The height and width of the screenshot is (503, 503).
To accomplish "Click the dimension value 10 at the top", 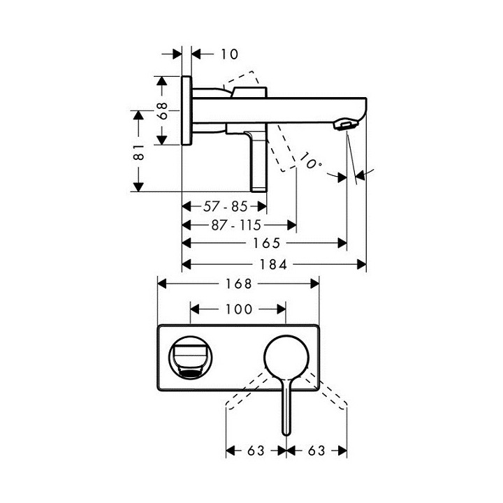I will (x=228, y=54).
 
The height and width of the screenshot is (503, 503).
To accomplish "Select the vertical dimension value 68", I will (x=161, y=110).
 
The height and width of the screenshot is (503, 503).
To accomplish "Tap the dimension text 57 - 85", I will (x=225, y=207).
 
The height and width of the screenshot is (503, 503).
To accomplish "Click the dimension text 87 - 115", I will (x=235, y=225).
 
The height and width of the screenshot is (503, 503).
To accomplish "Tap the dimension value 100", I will (x=239, y=308).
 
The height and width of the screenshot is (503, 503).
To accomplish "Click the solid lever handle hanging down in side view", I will (x=259, y=161).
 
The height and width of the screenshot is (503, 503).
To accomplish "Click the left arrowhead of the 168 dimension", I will (x=161, y=284).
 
